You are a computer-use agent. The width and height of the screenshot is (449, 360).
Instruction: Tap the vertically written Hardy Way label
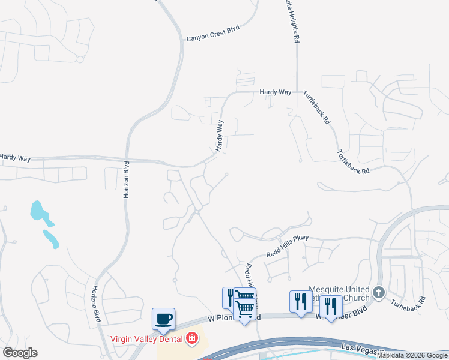tap(220, 135)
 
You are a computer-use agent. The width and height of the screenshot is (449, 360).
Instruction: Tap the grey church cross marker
tap(378, 292)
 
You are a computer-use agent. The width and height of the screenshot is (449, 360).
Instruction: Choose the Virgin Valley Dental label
tap(148, 339)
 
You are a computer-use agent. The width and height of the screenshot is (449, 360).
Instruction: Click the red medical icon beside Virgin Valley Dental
tap(192, 339)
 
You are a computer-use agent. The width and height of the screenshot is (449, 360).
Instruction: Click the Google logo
tap(20, 353)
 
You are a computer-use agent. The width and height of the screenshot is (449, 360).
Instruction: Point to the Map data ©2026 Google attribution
tap(412, 356)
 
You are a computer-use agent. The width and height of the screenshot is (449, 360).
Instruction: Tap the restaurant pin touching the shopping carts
tap(231, 297)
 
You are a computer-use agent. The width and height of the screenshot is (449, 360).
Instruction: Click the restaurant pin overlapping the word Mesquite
tap(300, 301)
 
